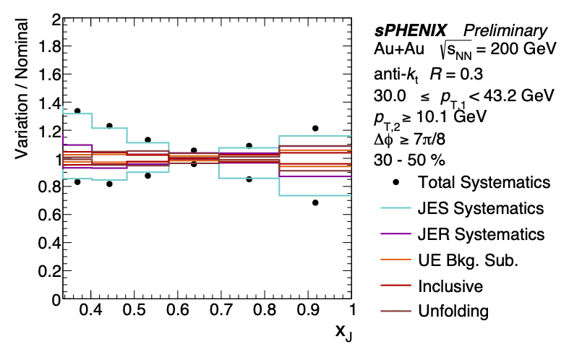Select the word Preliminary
(x=505, y=31)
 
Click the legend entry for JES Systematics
(x=481, y=208)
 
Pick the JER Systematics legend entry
(x=481, y=234)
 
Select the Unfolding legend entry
(x=453, y=312)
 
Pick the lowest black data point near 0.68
(x=315, y=203)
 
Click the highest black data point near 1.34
(x=77, y=111)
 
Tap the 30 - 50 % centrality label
(x=409, y=159)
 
